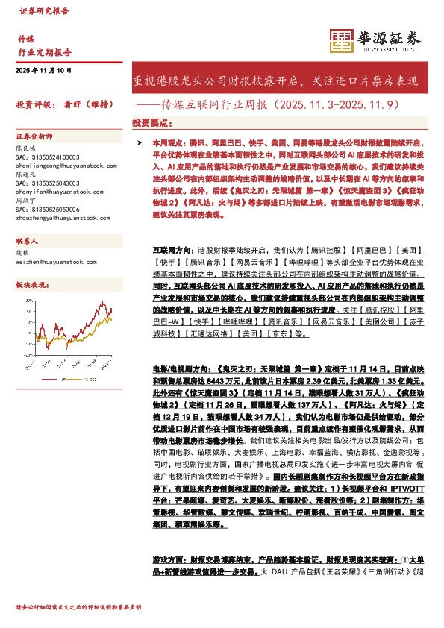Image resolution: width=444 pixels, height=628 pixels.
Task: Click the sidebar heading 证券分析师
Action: pyautogui.click(x=34, y=137)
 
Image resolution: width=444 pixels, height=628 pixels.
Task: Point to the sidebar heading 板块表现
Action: pyautogui.click(x=31, y=285)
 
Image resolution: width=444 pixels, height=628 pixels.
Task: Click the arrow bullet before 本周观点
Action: pyautogui.click(x=133, y=141)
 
